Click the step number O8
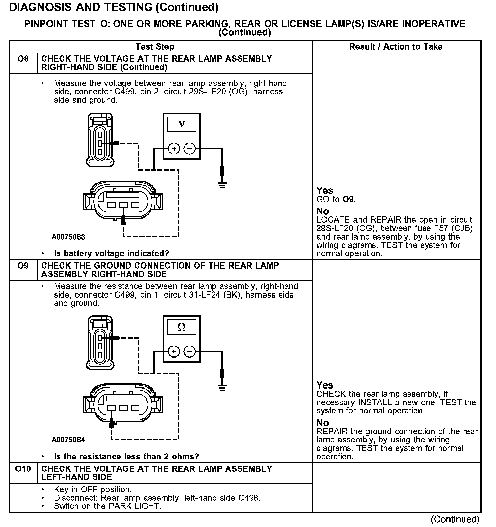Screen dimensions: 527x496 [x=23, y=59]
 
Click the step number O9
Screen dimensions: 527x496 [x=23, y=266]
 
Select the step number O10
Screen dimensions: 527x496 [x=23, y=469]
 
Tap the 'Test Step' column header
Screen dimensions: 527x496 [x=155, y=47]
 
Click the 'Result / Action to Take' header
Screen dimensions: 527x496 [x=396, y=47]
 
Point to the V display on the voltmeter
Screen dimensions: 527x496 [x=182, y=124]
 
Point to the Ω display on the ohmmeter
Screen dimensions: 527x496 [x=182, y=327]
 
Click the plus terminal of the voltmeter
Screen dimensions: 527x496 [x=174, y=148]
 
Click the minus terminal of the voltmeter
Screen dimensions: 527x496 [x=190, y=148]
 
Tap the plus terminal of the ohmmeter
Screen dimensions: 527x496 [x=174, y=352]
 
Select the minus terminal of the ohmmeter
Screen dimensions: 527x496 [x=190, y=352]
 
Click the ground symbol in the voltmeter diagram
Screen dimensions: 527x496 [x=222, y=184]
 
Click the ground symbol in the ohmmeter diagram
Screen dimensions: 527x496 [x=222, y=387]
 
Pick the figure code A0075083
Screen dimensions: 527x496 [x=68, y=237]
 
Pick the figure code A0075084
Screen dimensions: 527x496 [x=68, y=440]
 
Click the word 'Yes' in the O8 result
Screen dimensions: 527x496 [x=324, y=191]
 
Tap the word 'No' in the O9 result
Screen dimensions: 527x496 [x=322, y=423]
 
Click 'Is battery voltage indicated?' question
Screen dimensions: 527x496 [x=112, y=253]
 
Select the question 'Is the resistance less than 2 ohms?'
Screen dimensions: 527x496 [x=126, y=457]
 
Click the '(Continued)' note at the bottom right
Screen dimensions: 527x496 [x=455, y=519]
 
